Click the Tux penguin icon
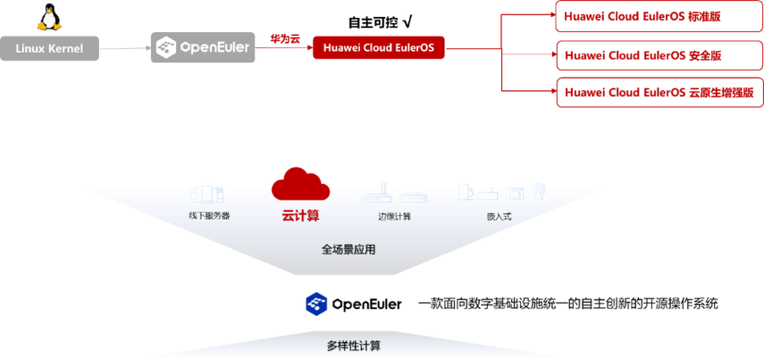(x=44, y=18)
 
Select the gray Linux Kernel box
(x=49, y=47)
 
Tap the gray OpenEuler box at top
(x=203, y=46)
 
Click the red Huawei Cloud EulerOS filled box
(x=378, y=47)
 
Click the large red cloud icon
(x=300, y=183)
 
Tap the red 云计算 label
(x=300, y=215)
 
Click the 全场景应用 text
(x=348, y=249)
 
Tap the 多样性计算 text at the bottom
(x=354, y=345)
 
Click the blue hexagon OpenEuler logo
(x=315, y=304)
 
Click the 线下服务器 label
(x=209, y=215)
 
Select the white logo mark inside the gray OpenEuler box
(x=165, y=46)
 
